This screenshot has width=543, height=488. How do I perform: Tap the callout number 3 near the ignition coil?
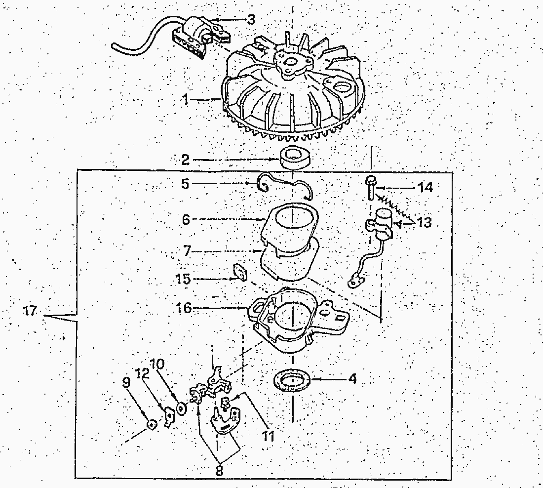click(x=251, y=19)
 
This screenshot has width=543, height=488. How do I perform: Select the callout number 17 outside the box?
click(x=30, y=311)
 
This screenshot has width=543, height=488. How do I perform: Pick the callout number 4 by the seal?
click(x=352, y=379)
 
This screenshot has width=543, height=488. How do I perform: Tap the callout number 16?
click(x=184, y=308)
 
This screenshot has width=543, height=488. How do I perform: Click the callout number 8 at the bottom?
click(x=219, y=470)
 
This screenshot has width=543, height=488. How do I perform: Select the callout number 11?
click(x=268, y=436)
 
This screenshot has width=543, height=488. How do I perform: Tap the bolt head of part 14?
click(x=370, y=180)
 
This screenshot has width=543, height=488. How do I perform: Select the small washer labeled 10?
click(x=181, y=408)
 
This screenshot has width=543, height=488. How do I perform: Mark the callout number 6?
click(x=186, y=219)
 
